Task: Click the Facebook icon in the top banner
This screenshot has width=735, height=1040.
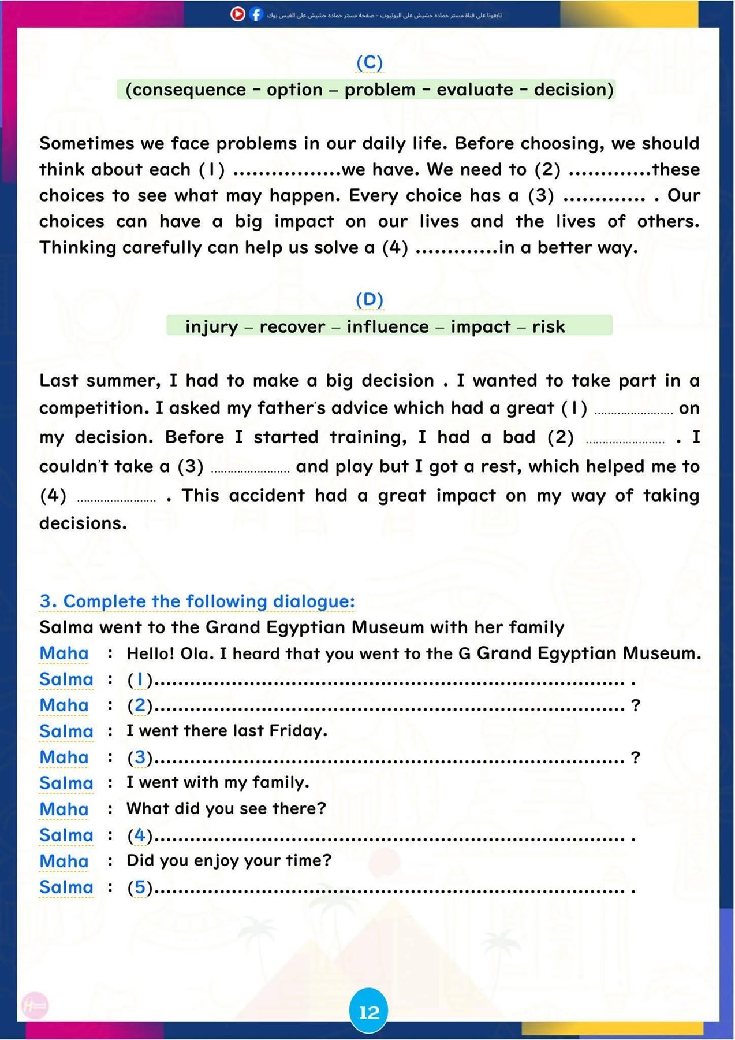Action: [256, 14]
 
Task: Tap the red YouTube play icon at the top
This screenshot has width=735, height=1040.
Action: [238, 14]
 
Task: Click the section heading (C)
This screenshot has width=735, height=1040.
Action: [369, 62]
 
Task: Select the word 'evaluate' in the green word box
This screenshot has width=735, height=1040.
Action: [475, 90]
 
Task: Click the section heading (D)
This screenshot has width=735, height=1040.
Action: [369, 299]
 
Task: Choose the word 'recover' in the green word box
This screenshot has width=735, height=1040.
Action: [292, 326]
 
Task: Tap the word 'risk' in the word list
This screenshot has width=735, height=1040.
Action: [548, 326]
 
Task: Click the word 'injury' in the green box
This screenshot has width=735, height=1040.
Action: [211, 326]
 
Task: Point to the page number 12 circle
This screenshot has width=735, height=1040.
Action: [369, 1012]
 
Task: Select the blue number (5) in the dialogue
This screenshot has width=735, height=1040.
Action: [140, 887]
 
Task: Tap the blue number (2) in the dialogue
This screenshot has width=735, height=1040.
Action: [140, 705]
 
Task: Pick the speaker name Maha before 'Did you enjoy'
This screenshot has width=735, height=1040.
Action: [64, 861]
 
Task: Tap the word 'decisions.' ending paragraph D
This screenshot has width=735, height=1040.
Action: [83, 523]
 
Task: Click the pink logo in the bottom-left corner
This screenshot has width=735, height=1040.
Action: [35, 1006]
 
